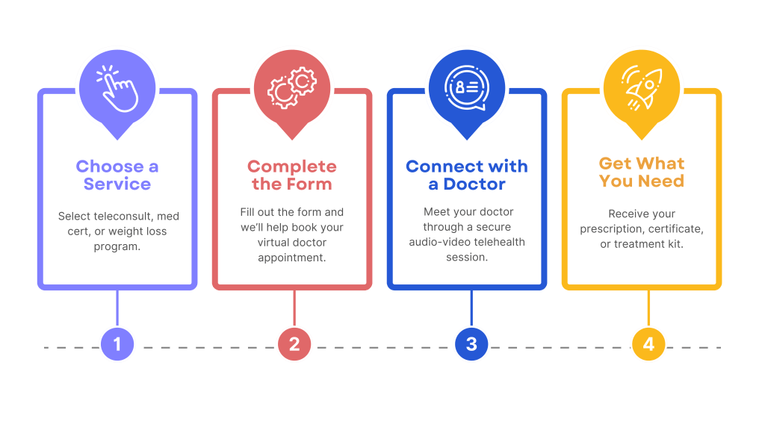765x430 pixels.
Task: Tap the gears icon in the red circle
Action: coord(292,87)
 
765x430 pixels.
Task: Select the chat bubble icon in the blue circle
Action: coord(467,87)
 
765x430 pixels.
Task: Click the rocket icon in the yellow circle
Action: coord(642,87)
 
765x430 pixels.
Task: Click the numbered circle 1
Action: coord(117,344)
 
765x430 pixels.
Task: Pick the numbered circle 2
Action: coord(294,344)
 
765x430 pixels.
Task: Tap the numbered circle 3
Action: coord(471,344)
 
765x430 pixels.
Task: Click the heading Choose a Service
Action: coord(117,175)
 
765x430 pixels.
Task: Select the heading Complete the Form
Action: coord(292,175)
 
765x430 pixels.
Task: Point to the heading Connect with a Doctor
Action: coord(467,175)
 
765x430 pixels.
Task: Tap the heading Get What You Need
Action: coord(642,172)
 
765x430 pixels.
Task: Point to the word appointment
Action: coord(291,258)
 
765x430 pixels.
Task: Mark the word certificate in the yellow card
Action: coord(674,228)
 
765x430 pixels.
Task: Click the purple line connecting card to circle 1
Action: coord(117,308)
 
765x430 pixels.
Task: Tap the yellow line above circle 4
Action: coord(648,308)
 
